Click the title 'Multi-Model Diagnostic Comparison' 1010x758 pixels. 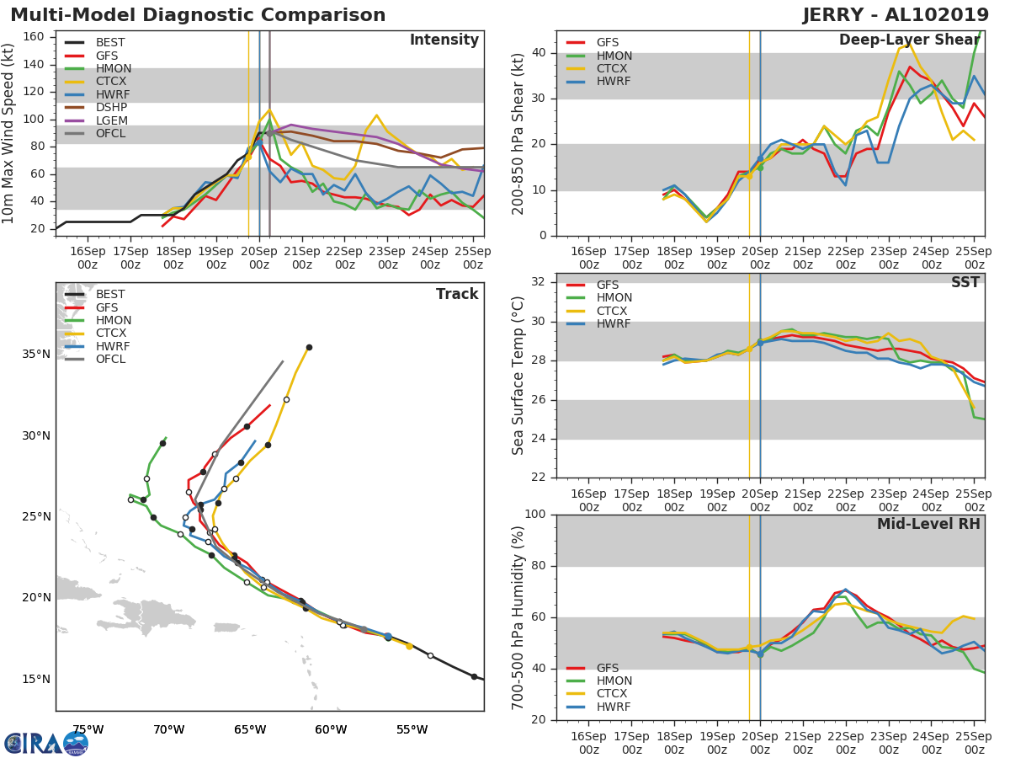pyautogui.click(x=198, y=15)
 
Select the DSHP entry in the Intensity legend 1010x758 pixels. pyautogui.click(x=111, y=108)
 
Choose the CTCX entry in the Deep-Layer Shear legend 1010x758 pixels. pyautogui.click(x=614, y=69)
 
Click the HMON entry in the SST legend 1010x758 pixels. pyautogui.click(x=614, y=298)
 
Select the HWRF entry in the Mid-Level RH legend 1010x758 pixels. pyautogui.click(x=614, y=707)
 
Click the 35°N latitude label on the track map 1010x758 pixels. pyautogui.click(x=36, y=354)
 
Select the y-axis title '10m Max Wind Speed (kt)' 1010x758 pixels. pyautogui.click(x=9, y=133)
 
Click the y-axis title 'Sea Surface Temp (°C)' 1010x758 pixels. pyautogui.click(x=519, y=375)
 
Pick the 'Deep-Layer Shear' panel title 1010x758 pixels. pyautogui.click(x=909, y=40)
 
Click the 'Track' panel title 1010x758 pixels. pyautogui.click(x=457, y=294)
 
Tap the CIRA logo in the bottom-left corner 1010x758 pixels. pyautogui.click(x=45, y=744)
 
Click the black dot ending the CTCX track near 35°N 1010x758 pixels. pyautogui.click(x=309, y=347)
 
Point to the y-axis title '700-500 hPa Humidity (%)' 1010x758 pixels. pyautogui.click(x=519, y=617)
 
